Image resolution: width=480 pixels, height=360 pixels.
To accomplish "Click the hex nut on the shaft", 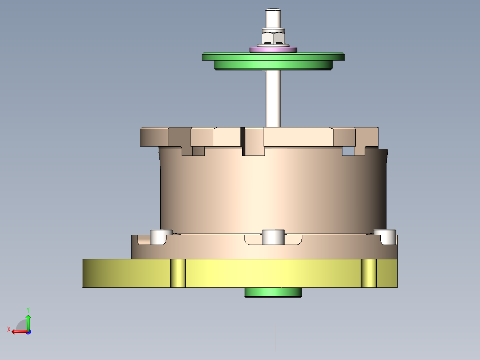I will click(273, 37).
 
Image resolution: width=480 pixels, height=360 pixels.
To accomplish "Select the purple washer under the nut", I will click(273, 49).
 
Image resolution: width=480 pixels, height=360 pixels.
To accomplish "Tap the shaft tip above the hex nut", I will click(273, 17).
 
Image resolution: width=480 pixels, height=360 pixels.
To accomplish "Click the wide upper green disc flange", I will click(273, 57).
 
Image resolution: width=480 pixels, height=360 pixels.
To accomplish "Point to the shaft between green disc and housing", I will click(273, 98).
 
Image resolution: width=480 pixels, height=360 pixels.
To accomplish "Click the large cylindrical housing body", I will click(273, 192).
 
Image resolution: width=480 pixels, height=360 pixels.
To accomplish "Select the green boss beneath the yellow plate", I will click(273, 292).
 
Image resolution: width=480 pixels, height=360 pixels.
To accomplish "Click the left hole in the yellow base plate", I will click(178, 273).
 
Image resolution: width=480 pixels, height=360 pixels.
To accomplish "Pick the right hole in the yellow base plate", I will click(369, 273).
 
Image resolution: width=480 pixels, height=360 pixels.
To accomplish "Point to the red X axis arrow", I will click(18, 331).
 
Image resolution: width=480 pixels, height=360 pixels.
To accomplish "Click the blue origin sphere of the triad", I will click(28, 331).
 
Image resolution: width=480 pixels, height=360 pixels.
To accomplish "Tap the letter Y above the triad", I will click(28, 309).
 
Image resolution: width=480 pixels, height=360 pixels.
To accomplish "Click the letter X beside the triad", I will click(8, 330).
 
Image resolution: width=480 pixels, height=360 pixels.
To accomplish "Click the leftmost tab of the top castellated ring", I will click(154, 137).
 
